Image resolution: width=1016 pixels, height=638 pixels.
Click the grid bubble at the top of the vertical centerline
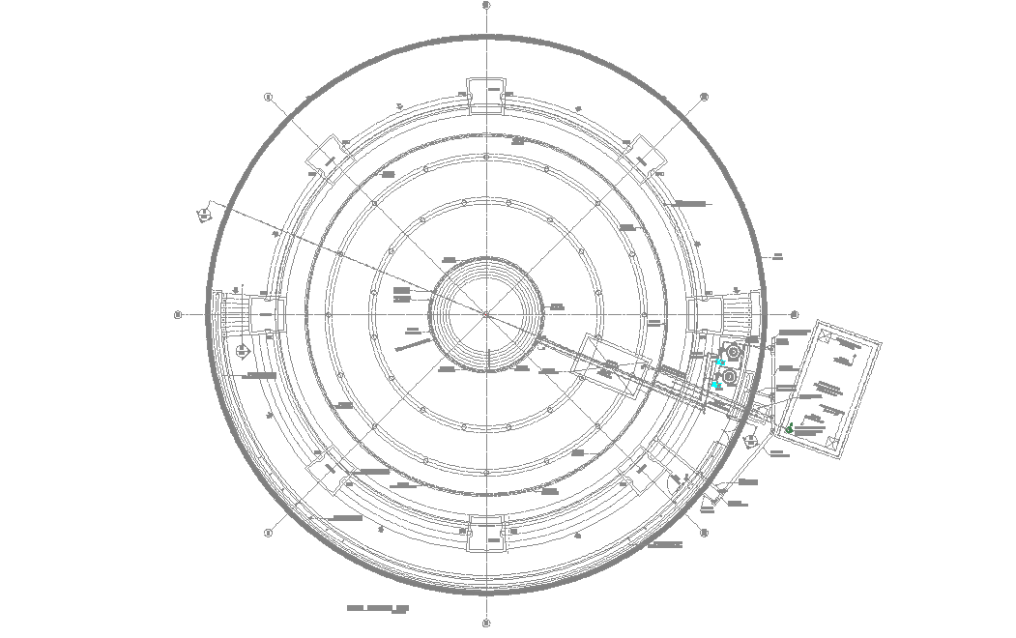coord(486,5)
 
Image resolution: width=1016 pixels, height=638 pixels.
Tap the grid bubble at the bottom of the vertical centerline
coord(486,623)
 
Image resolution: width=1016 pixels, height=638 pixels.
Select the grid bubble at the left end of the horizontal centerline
coord(178,314)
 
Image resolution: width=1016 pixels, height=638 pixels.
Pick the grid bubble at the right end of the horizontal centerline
coord(795,314)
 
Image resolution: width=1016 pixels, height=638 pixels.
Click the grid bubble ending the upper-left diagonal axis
coord(268,97)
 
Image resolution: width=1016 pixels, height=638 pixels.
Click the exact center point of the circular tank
coord(486,314)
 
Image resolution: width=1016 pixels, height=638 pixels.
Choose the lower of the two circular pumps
coord(730,375)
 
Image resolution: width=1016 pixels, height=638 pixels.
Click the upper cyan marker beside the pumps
coord(719,362)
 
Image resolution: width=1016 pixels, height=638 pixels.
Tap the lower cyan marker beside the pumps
coord(715,386)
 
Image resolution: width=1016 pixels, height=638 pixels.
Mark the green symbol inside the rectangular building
coord(790,428)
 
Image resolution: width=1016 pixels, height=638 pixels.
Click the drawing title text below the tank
coord(378,609)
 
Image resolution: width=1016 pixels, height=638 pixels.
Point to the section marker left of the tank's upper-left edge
coord(205,214)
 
